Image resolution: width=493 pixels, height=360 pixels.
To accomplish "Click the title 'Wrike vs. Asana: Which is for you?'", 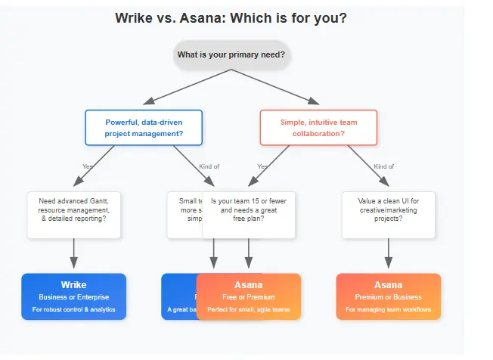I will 231,18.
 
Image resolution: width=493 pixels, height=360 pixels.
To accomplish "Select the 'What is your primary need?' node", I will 231,55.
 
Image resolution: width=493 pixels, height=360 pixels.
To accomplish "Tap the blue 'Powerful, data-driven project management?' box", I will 144,128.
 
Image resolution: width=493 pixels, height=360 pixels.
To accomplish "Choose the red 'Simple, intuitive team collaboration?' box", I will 318,128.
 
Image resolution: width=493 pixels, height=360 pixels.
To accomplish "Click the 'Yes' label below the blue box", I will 88,166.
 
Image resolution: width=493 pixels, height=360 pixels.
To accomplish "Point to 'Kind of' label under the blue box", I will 209,166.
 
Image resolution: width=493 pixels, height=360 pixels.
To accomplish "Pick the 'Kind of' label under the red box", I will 384,166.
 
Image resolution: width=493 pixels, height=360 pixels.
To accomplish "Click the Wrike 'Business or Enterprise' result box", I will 73,296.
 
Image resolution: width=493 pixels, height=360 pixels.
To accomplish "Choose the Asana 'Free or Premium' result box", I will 249,296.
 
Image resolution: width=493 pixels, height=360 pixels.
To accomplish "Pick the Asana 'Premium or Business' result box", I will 388,296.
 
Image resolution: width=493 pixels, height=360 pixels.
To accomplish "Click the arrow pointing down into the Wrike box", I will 73,254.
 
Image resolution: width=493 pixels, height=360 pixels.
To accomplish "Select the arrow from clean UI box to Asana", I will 388,254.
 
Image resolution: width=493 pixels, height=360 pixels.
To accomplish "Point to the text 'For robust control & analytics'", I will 73,310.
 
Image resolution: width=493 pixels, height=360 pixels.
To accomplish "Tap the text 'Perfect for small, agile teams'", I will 249,310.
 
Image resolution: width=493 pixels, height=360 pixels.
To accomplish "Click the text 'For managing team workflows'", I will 388,310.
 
